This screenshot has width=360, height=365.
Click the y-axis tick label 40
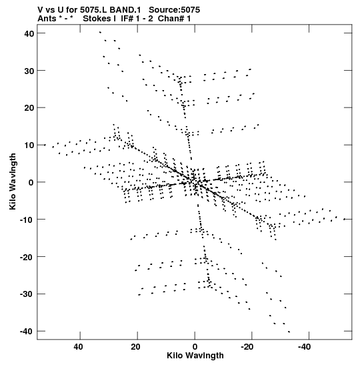tap(29, 33)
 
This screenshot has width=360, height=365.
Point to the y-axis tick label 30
tap(29, 71)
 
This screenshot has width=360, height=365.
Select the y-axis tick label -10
tap(27, 220)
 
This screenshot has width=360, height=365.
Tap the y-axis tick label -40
tap(27, 331)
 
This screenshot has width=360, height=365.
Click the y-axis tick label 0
tap(31, 183)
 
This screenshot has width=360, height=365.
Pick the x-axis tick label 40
tap(78, 347)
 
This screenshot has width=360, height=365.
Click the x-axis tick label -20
tap(247, 347)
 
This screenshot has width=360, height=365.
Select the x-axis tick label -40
tap(304, 347)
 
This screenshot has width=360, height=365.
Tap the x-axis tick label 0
tap(195, 347)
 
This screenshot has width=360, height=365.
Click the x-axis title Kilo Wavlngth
tap(195, 356)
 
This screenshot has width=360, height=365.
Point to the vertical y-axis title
tap(13, 181)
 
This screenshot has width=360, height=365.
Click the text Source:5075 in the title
tap(174, 10)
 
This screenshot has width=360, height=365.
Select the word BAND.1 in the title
tap(125, 10)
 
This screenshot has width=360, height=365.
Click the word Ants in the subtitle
tap(47, 19)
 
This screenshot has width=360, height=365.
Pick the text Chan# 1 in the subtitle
tap(174, 19)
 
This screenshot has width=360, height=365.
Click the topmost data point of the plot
tap(100, 32)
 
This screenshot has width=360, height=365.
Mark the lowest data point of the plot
tap(289, 332)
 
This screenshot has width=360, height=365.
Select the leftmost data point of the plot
tap(45, 145)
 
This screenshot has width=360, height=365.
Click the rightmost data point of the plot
tap(345, 219)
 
